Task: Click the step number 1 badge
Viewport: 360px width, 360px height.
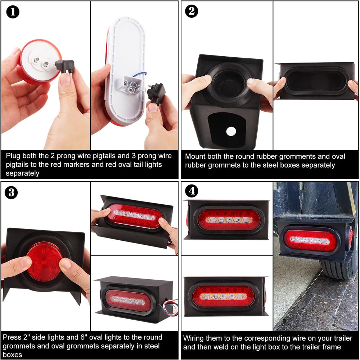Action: click(x=13, y=12)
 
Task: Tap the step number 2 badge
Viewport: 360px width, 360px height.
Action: click(x=192, y=11)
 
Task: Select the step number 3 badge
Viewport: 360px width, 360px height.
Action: click(x=11, y=192)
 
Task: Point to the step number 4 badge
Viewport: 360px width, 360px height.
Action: click(x=192, y=191)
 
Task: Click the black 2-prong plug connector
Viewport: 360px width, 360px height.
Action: click(x=65, y=67)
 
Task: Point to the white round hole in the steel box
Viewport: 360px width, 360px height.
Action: click(x=231, y=132)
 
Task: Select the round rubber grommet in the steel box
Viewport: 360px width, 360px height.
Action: click(x=230, y=85)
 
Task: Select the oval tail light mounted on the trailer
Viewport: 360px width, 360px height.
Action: click(x=310, y=241)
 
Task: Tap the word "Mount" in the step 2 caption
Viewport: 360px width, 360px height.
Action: click(x=195, y=156)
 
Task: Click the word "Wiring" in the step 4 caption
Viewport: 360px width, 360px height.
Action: click(x=193, y=338)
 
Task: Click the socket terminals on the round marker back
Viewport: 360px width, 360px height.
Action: click(x=41, y=62)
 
